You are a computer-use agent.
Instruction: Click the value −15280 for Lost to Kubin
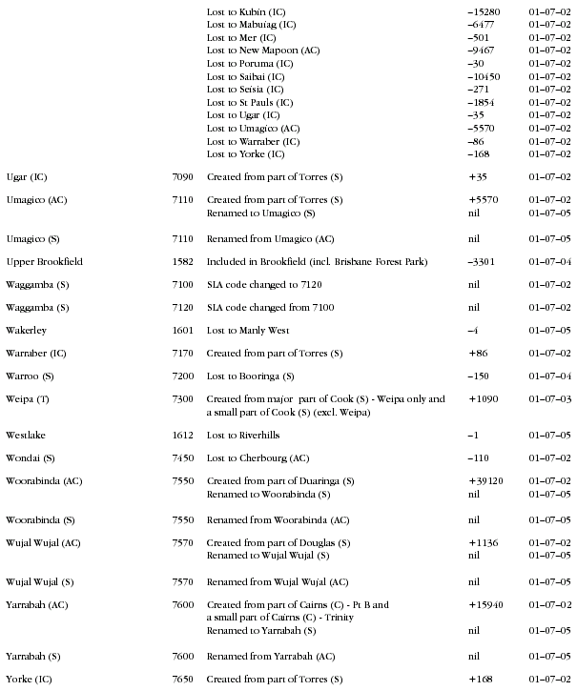[484, 10]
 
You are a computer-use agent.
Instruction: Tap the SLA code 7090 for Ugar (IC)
[183, 176]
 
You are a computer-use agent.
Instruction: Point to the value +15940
[486, 604]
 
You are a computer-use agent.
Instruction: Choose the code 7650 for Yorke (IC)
[183, 679]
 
